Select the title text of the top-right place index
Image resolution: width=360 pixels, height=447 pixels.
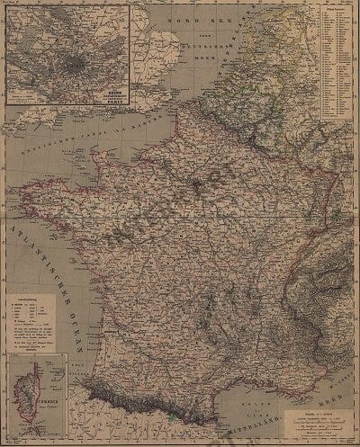339,7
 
